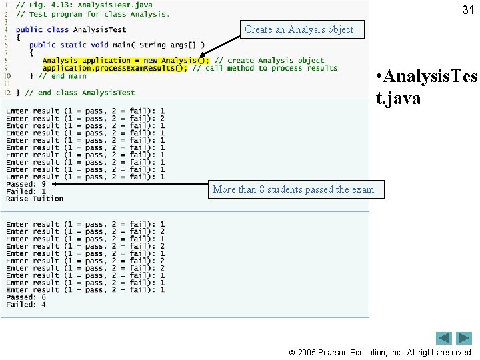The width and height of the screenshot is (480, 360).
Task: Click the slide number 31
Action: point(468,9)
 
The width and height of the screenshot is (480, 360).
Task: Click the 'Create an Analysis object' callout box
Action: point(299,29)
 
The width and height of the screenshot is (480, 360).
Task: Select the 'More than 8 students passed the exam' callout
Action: point(293,189)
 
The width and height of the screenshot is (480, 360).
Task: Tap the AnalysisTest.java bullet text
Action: point(427,88)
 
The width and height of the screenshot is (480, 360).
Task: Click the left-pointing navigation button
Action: point(444,338)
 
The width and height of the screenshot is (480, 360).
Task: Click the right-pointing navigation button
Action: point(464,338)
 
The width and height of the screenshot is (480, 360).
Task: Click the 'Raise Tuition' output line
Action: point(35,199)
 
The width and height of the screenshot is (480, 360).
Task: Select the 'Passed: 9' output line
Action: point(26,184)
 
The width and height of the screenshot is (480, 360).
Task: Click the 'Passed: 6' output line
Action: point(26,297)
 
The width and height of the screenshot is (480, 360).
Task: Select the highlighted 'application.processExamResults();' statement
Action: point(115,68)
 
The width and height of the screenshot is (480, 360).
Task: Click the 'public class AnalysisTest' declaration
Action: point(71,29)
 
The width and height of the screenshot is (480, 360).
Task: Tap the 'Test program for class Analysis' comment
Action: point(97,13)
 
